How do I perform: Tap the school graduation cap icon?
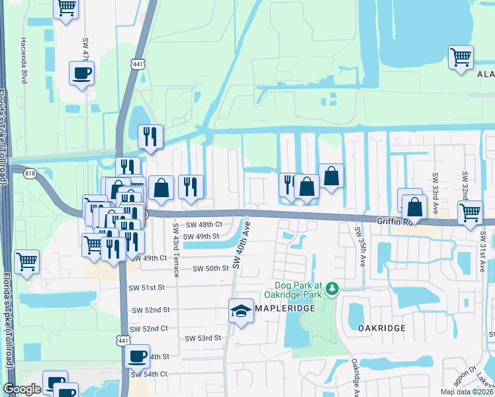(241, 311)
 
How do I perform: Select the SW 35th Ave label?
(362, 247)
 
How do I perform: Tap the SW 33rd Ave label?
(435, 188)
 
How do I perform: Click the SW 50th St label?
(210, 268)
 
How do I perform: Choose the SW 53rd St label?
(202, 338)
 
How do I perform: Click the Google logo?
(22, 389)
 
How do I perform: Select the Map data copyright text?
(467, 392)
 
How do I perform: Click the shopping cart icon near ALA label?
(461, 57)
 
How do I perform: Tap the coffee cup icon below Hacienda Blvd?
(81, 73)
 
